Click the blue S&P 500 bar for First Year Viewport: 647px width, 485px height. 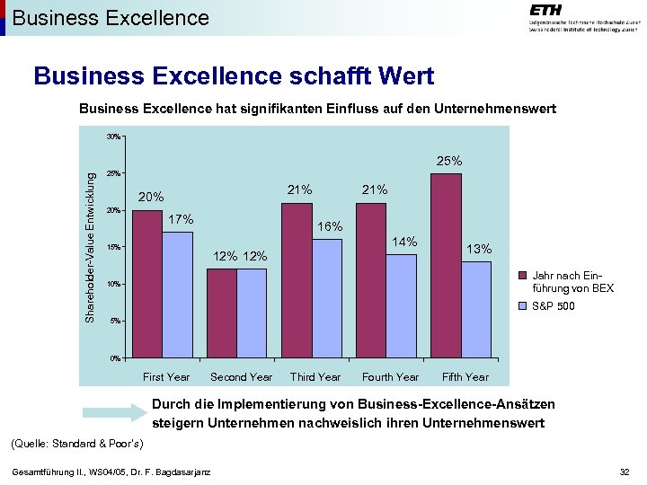point(178,295)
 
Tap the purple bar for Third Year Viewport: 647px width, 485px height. point(297,280)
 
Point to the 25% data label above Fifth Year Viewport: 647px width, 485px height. point(449,161)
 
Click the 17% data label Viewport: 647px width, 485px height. point(182,218)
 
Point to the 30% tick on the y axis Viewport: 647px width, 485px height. point(113,137)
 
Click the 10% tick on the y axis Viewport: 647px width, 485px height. point(113,285)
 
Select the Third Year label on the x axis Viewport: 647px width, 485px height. point(315,377)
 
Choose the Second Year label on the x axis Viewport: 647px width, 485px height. point(241,377)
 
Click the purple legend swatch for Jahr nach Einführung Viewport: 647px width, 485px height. point(525,276)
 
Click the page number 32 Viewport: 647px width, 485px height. point(625,472)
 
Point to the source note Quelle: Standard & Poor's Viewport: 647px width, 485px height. point(75,444)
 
